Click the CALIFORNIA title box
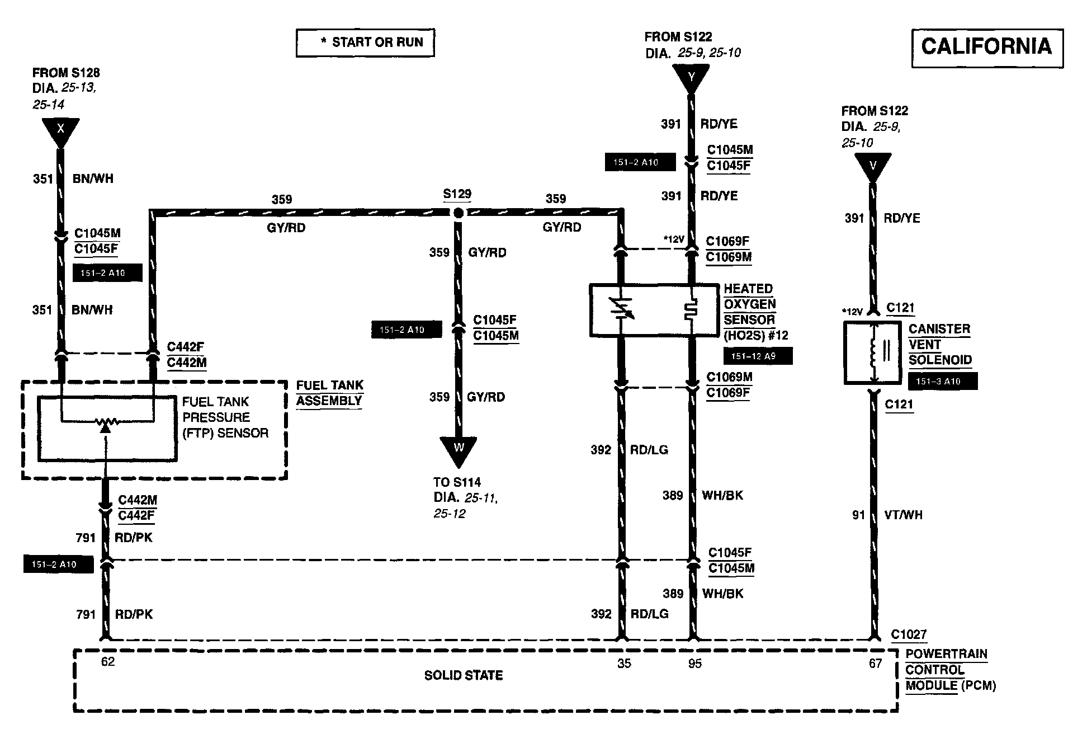[987, 48]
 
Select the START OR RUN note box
[365, 43]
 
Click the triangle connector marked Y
[691, 78]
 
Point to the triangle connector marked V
[872, 167]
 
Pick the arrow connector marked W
[459, 449]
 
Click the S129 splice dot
[458, 213]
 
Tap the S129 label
[457, 194]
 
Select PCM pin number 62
[107, 662]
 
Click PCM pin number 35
[624, 664]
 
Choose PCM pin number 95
[694, 664]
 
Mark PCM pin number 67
[875, 664]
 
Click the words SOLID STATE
[464, 676]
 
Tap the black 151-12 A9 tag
[758, 356]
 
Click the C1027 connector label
[909, 634]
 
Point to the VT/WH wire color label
[903, 515]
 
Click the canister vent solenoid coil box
[872, 352]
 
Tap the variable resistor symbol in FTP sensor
[106, 423]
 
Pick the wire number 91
[858, 515]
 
